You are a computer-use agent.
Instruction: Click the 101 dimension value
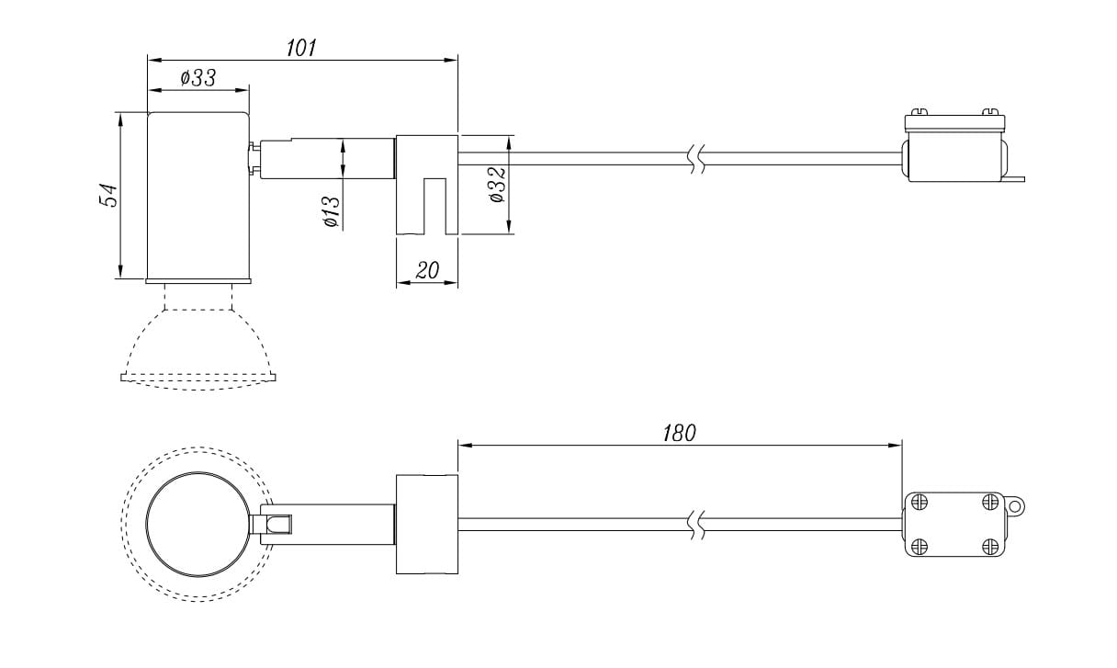coord(301,48)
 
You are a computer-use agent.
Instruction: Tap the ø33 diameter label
coord(198,78)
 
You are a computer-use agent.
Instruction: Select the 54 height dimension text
coord(108,195)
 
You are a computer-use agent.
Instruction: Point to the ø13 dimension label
coord(333,212)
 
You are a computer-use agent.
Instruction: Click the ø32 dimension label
coord(498,185)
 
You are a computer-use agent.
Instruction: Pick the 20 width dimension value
coord(427,270)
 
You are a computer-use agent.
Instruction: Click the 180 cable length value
coord(679,434)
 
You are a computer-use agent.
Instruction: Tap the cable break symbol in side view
coord(697,159)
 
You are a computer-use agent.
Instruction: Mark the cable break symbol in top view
coord(697,525)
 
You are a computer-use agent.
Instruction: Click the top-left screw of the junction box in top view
coord(919,502)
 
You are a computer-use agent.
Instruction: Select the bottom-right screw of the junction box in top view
coord(990,547)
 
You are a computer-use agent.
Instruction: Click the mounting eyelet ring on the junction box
coord(1014,507)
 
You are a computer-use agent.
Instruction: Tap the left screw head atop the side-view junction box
coord(919,112)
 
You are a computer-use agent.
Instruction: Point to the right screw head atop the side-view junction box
coord(990,112)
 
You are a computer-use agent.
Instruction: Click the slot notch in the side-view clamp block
coord(434,206)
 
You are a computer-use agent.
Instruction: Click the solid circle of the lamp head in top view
coord(146,525)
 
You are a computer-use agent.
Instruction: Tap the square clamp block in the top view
coord(427,525)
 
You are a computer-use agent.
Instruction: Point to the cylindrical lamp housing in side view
coord(198,196)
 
